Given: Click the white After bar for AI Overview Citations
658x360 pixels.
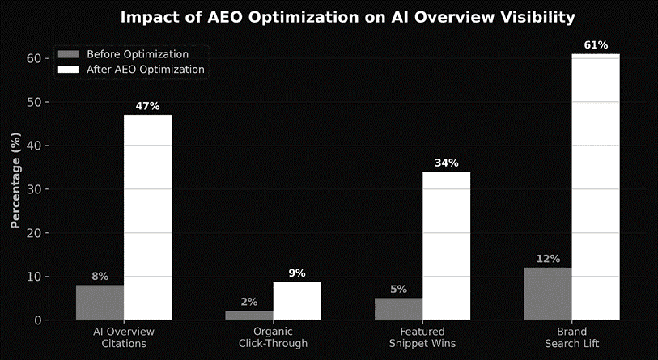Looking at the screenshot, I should tap(147, 217).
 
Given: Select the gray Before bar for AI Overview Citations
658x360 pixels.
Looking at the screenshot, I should tap(100, 302).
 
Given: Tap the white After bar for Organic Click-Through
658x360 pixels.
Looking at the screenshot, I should tap(297, 300).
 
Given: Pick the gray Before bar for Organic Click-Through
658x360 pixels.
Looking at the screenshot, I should tap(249, 315).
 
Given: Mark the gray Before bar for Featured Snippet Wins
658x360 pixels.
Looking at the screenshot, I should tap(398, 308).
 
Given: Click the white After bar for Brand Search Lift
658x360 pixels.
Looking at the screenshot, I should tap(595, 187).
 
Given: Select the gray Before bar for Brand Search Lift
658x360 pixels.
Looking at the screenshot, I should tap(548, 294).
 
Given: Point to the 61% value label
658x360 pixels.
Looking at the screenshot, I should tap(595, 44).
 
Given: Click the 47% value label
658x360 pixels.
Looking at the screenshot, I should tap(147, 106).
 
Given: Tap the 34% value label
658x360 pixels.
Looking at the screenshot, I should tap(446, 163).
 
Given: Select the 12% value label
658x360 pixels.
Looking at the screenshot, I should tap(548, 259).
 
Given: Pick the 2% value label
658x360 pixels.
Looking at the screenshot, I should tap(249, 302).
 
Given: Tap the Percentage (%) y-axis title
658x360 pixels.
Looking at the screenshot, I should tap(15, 183).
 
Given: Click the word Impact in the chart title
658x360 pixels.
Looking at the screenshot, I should tap(147, 17).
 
